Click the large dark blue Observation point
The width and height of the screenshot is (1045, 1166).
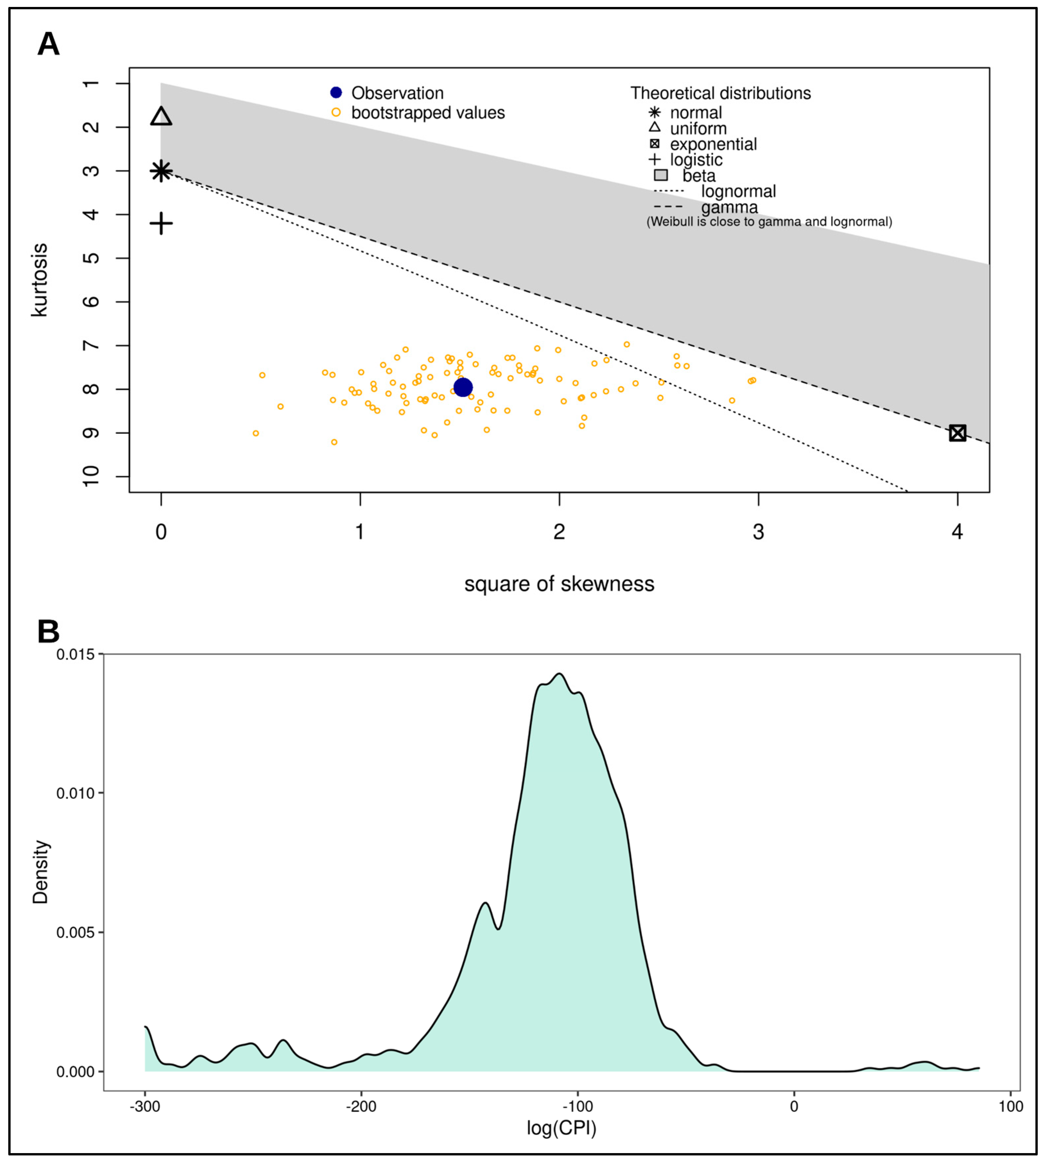[x=463, y=388]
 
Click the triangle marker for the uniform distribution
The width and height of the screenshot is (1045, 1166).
[x=161, y=116]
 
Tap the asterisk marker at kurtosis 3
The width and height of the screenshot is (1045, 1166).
[x=161, y=171]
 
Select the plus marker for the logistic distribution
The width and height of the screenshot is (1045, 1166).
[x=161, y=223]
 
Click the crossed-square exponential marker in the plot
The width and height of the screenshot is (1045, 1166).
[x=957, y=433]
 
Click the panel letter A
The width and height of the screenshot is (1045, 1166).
[x=48, y=44]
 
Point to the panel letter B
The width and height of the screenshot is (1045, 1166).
[x=48, y=632]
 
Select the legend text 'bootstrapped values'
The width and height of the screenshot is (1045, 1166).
[x=428, y=113]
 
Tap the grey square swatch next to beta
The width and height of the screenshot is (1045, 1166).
[x=661, y=175]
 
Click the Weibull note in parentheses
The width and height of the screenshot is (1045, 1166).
[x=770, y=222]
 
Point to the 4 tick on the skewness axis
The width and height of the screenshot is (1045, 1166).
[x=957, y=532]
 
